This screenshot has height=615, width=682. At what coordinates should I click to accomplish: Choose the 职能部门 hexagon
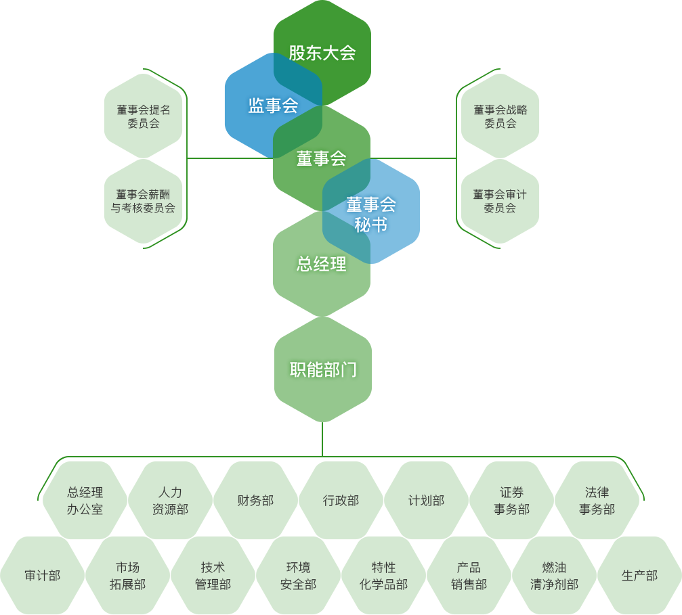click(x=322, y=369)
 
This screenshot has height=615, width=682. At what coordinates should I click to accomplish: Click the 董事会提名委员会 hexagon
click(x=143, y=116)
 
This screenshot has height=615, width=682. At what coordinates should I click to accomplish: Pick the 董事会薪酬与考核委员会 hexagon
click(x=143, y=201)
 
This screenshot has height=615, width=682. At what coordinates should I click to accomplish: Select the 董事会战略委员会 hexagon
click(x=500, y=116)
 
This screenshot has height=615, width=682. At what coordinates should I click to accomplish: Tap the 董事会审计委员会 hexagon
click(x=500, y=201)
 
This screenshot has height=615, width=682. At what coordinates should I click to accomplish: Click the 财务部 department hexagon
click(x=255, y=501)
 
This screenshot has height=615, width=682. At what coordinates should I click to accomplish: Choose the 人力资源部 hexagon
click(x=170, y=501)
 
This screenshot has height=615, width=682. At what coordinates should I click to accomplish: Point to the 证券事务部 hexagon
click(x=511, y=501)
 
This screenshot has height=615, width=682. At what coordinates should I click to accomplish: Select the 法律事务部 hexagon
click(x=597, y=501)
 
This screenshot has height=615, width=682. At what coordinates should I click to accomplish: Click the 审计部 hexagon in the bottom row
click(x=42, y=576)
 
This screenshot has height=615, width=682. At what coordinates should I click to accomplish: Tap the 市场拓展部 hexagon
click(x=127, y=576)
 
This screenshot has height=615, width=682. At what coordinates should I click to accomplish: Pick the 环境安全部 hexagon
click(x=298, y=576)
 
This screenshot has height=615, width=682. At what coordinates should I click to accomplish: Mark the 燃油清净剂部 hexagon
click(x=554, y=576)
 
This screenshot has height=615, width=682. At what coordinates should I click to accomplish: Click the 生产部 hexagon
click(x=639, y=576)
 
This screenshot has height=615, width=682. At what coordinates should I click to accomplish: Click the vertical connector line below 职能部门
click(x=322, y=440)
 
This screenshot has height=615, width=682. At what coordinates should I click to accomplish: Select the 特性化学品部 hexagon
click(x=383, y=576)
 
